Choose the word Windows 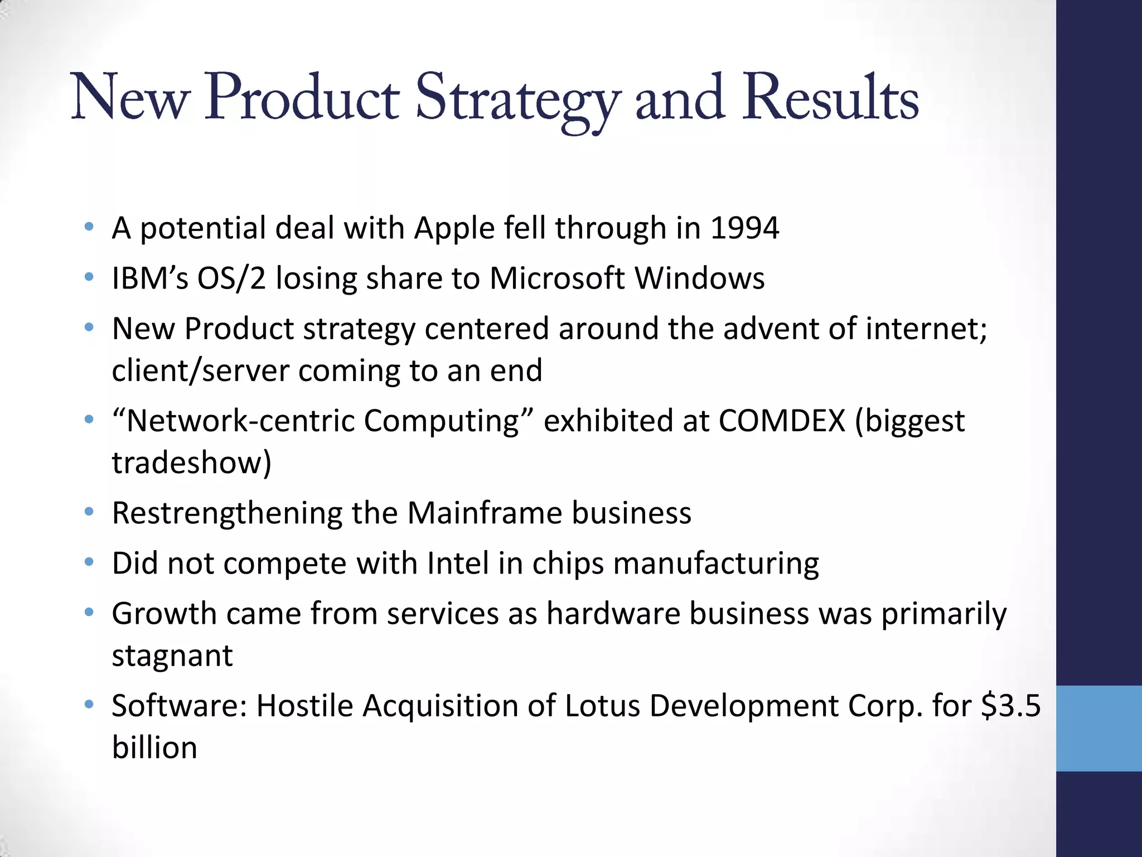click(699, 278)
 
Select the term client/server click(200, 370)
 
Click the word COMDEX click(782, 421)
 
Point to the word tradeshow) click(191, 463)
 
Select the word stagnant click(172, 656)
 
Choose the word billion click(154, 748)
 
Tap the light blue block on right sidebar click(1099, 728)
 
